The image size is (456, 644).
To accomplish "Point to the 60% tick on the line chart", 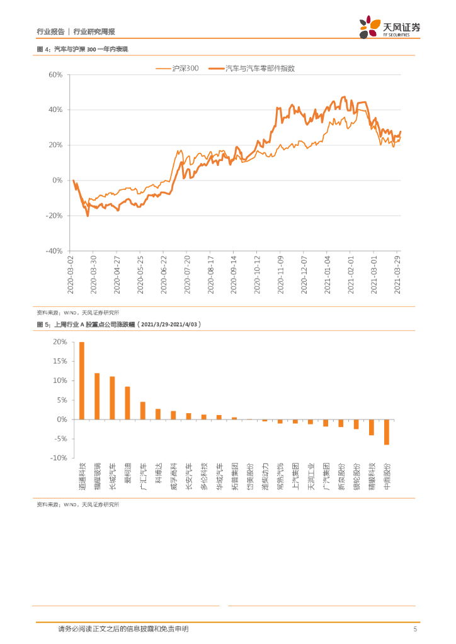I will (x=54, y=75).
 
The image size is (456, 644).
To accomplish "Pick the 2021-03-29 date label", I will (x=398, y=274).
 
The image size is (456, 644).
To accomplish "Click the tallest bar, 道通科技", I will (x=82, y=380).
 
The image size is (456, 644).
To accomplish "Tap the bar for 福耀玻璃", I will (x=97, y=396).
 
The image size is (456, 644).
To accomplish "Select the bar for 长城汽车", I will (x=112, y=398).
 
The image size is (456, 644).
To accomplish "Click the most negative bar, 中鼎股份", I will (x=387, y=432).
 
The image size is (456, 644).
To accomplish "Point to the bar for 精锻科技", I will (x=372, y=427).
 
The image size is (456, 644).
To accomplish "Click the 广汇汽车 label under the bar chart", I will (x=143, y=476).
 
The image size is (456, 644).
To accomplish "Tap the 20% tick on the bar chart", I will (x=60, y=342).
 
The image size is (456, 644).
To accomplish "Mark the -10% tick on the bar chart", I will (x=59, y=458).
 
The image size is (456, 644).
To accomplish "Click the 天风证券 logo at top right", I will (x=390, y=27).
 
